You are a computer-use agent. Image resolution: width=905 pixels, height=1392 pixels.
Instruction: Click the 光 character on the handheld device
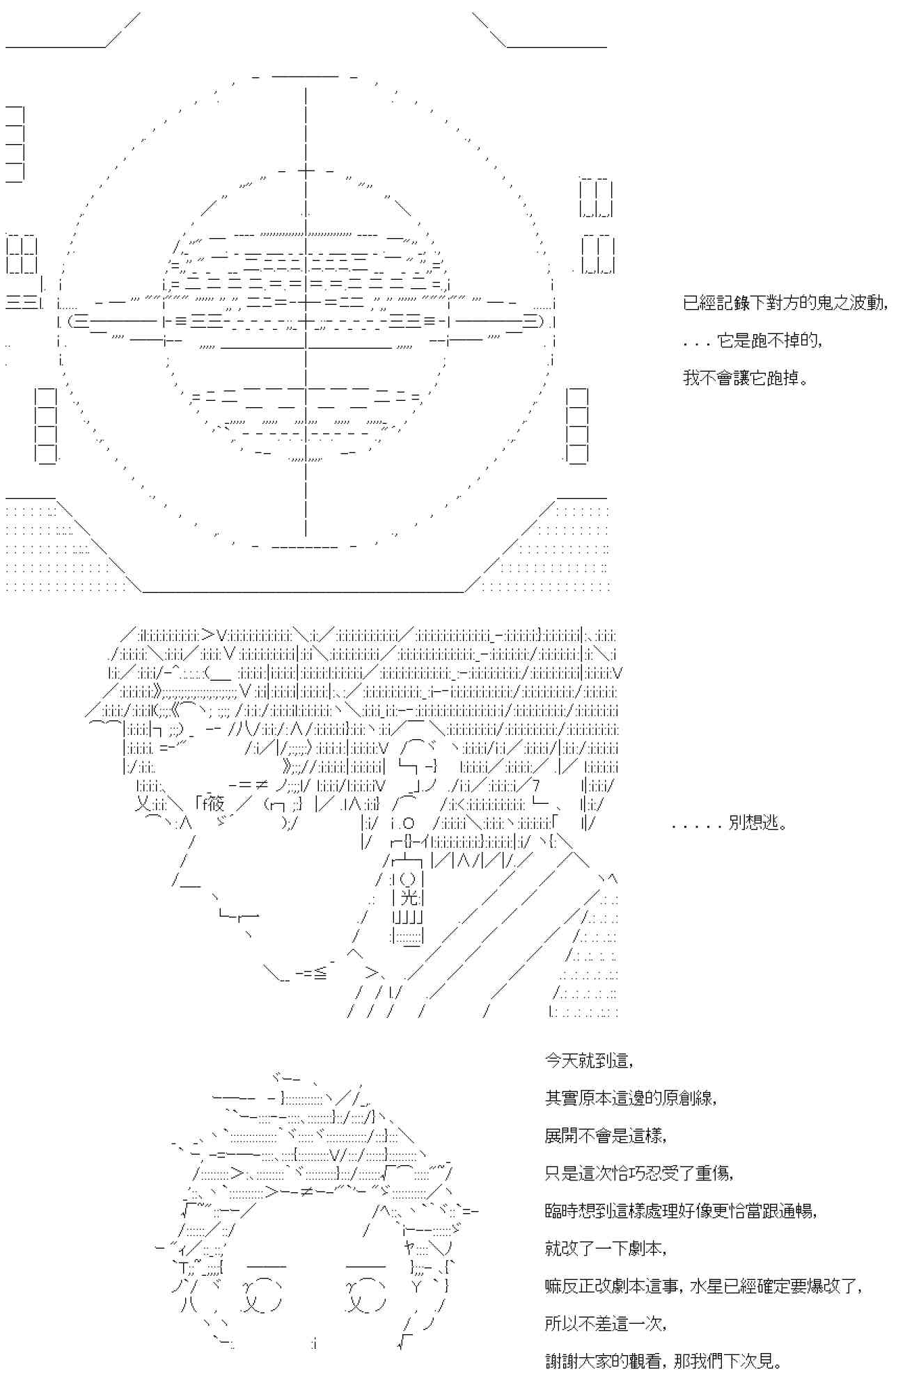pos(411,898)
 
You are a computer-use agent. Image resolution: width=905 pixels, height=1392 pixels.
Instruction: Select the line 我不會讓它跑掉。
pos(745,379)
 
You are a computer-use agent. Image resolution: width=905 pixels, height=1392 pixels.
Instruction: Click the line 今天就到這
pos(588,1061)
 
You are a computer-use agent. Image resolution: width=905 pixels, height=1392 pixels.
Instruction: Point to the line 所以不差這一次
pos(606,1324)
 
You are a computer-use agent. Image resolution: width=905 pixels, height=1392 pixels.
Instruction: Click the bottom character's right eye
pos(366,1295)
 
